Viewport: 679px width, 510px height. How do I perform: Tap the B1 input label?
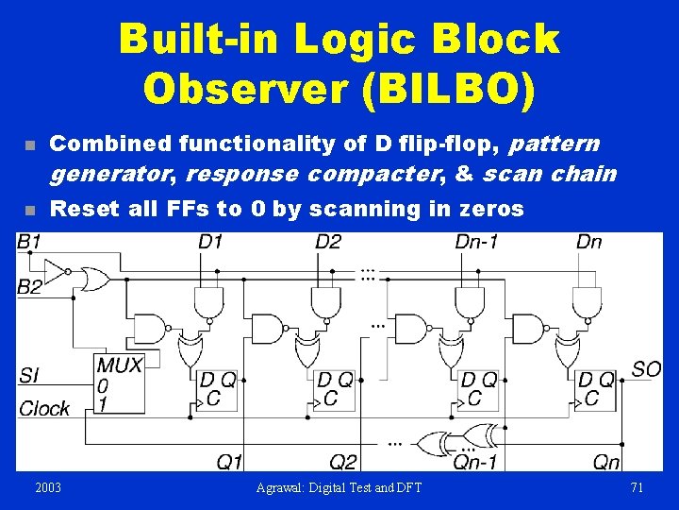[29, 243]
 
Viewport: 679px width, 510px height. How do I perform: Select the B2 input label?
[29, 286]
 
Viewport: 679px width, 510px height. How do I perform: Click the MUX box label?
[119, 365]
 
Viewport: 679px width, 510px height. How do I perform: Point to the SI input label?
[28, 376]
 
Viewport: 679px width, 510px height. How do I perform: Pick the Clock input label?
[44, 408]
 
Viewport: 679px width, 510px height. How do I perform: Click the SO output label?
[646, 368]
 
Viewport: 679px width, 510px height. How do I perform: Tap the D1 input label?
[209, 243]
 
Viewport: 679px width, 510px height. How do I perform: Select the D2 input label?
[328, 243]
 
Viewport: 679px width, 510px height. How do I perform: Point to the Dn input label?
[588, 243]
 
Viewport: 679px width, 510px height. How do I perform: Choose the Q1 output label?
[230, 462]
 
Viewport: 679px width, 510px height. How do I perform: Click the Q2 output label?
[343, 462]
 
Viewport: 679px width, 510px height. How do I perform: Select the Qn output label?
[606, 462]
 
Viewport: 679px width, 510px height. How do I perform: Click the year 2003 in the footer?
[48, 487]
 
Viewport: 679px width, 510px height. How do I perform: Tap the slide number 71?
[636, 487]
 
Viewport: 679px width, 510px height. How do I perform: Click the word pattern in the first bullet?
[555, 144]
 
